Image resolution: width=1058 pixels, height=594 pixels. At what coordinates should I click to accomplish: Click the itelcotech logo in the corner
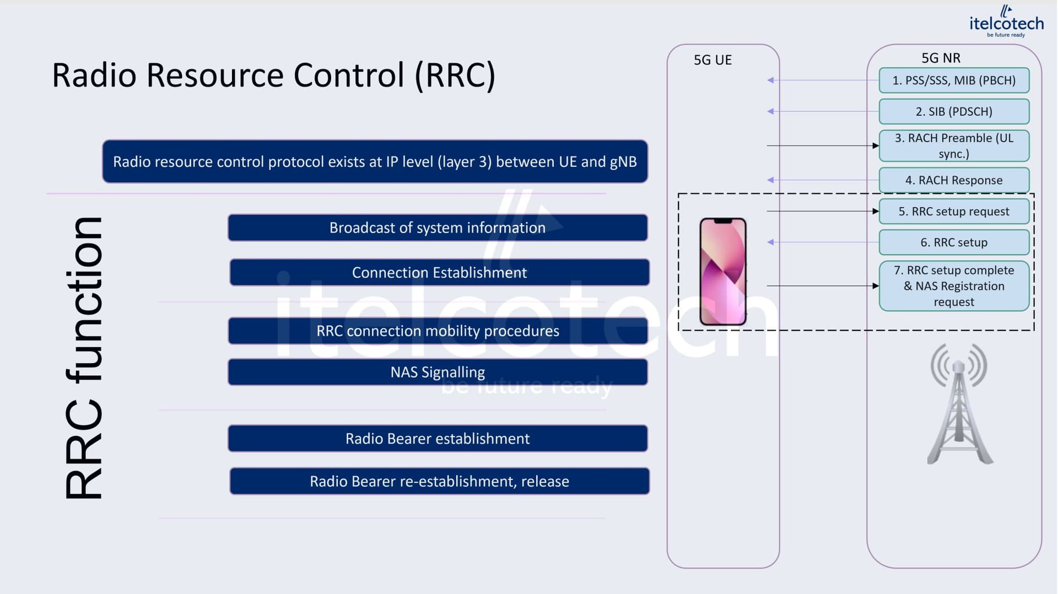click(x=1006, y=21)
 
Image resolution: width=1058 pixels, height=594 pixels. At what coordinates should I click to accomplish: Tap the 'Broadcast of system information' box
click(x=438, y=228)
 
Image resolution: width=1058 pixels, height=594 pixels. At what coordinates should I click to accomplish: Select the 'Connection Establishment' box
click(x=439, y=272)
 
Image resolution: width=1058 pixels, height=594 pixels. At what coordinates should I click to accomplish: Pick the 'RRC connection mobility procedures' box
click(x=438, y=331)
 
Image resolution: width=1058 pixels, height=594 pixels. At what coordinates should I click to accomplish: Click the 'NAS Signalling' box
click(x=438, y=372)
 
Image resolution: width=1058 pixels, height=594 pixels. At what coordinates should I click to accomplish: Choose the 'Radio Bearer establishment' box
click(x=438, y=439)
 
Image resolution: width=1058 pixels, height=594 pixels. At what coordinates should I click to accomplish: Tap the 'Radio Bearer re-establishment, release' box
click(x=439, y=481)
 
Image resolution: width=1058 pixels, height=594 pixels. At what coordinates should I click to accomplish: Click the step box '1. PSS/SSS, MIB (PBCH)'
click(x=954, y=80)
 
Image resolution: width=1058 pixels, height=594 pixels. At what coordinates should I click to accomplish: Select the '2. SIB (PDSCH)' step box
click(x=954, y=111)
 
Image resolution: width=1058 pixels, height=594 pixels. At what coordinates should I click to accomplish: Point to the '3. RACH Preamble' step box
click(x=954, y=145)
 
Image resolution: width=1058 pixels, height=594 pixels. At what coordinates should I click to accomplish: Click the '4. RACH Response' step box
click(x=954, y=180)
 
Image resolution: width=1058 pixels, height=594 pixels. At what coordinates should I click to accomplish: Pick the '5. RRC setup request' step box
click(x=954, y=212)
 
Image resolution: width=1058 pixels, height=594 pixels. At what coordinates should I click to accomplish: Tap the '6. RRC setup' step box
click(x=954, y=242)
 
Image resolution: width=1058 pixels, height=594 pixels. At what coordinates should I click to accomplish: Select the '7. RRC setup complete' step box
click(x=954, y=286)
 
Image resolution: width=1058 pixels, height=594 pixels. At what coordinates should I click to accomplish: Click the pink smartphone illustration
click(x=723, y=272)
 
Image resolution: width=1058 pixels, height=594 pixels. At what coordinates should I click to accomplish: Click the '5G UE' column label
click(x=712, y=60)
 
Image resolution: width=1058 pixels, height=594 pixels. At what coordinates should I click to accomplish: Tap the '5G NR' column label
click(x=941, y=58)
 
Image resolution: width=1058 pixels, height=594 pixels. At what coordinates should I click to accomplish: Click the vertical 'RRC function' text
click(x=84, y=358)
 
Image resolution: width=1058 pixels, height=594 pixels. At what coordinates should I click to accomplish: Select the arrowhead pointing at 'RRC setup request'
click(x=876, y=211)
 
